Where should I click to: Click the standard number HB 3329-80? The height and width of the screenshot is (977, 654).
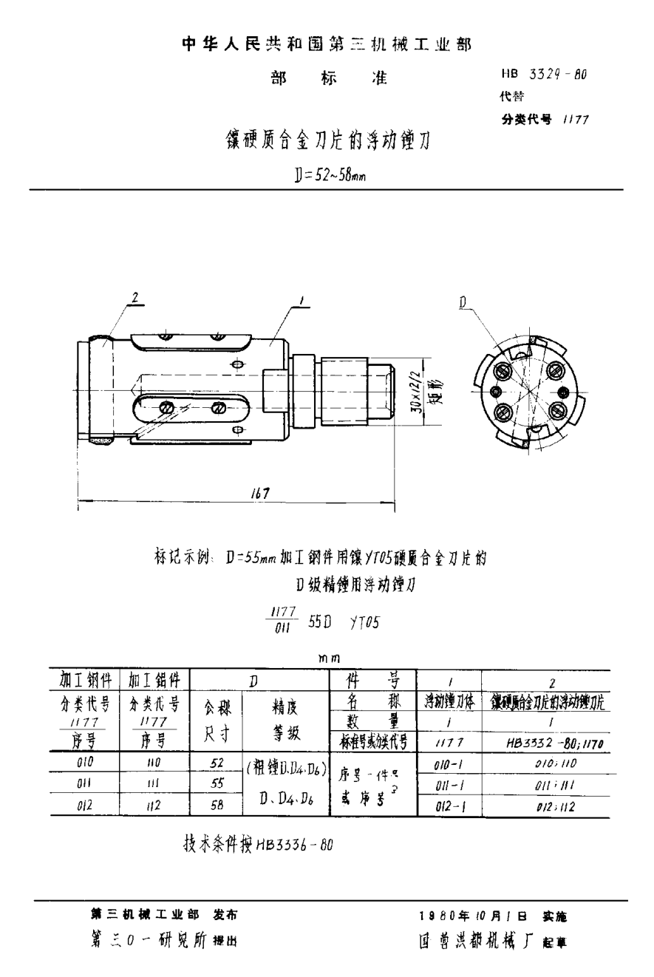(x=544, y=75)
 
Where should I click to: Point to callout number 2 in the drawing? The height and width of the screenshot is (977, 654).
(x=135, y=298)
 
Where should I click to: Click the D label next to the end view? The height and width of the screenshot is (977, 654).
(x=463, y=301)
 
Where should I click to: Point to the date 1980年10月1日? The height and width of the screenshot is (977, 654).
(x=473, y=916)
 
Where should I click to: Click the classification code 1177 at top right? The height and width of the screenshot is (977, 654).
(x=574, y=119)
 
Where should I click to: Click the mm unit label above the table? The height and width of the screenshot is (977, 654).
(x=329, y=658)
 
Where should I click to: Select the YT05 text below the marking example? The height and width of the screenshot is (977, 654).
(x=364, y=622)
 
